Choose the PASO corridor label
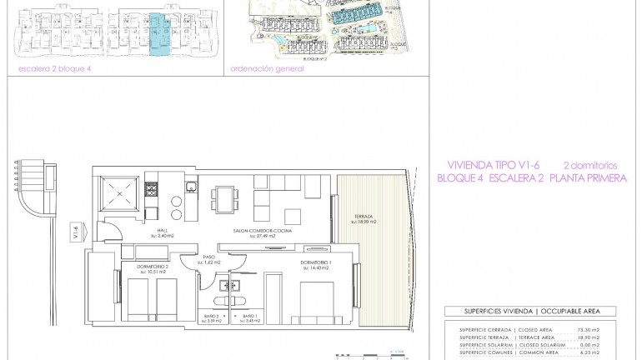(208, 259)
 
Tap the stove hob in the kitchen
(151, 192)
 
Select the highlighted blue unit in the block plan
(157, 33)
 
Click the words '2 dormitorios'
(588, 165)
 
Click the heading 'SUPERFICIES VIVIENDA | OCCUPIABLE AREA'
(526, 311)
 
